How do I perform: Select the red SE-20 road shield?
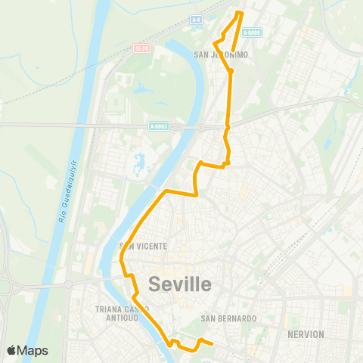[139, 48]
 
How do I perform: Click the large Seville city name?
[180, 284]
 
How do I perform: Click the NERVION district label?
[306, 334]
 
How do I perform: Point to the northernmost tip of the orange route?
[240, 13]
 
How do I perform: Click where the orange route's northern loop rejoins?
[231, 71]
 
